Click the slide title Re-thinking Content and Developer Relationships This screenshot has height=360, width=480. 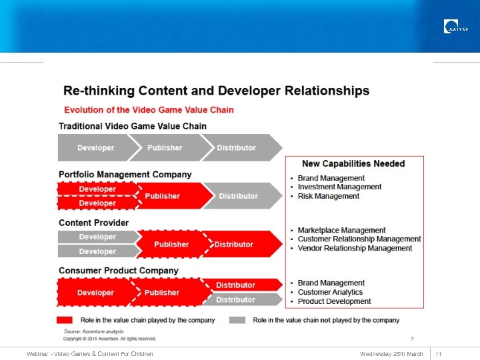click(x=216, y=91)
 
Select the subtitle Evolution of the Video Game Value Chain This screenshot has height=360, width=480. click(x=149, y=109)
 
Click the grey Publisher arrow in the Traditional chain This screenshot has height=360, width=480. click(x=165, y=148)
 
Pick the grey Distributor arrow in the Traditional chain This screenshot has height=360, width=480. click(x=237, y=148)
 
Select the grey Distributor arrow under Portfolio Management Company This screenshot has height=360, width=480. click(x=239, y=196)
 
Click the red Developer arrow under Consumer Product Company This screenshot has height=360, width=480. click(x=95, y=293)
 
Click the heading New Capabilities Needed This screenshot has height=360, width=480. click(x=353, y=163)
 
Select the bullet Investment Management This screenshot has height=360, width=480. click(x=339, y=187)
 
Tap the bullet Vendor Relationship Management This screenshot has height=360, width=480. click(x=355, y=248)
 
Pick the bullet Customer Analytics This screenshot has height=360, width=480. click(x=330, y=292)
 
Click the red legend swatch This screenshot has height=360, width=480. click(x=65, y=320)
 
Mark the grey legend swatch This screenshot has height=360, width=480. click(x=237, y=320)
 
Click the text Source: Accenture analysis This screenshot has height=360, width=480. click(x=93, y=331)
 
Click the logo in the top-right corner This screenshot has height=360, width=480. click(x=455, y=27)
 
